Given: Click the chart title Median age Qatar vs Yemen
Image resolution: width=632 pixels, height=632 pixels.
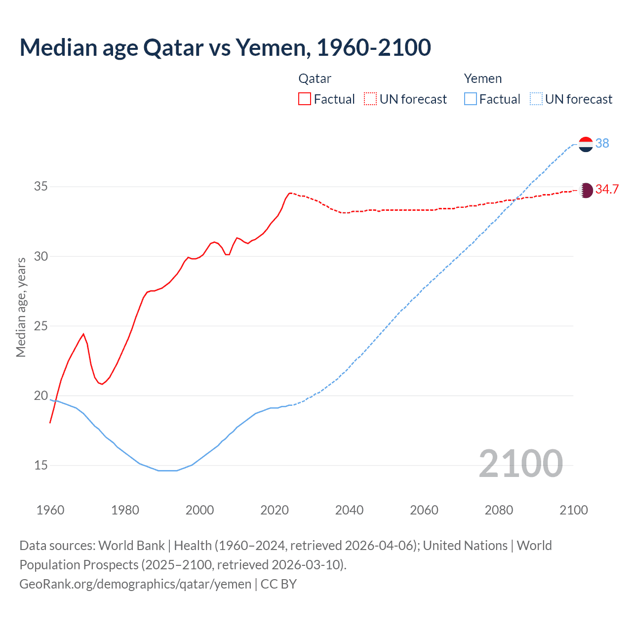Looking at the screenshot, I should pos(225,47).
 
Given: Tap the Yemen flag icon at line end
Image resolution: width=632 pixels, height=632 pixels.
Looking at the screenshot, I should pos(586,144).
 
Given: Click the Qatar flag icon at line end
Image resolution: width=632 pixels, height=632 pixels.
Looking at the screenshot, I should pos(586,190).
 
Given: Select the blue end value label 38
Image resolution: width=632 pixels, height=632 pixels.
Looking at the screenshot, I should pos(602,143).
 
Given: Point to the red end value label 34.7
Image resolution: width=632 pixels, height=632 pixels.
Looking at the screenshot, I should pos(607,189).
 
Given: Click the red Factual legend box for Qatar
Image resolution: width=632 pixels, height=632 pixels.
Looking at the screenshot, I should pos(305,99).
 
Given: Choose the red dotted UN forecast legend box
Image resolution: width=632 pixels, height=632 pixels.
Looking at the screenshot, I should pos(370,99).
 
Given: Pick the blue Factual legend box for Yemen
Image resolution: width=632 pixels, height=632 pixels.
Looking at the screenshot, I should pos(471,99).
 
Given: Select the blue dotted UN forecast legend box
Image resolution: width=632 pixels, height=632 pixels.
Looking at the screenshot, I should pos(536,99).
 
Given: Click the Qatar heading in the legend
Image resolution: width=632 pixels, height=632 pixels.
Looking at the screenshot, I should pos(315,79).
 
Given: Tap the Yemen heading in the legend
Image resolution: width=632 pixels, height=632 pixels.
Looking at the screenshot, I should pos(482,79).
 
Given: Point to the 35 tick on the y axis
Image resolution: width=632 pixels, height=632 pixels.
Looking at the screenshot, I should pos(41,187).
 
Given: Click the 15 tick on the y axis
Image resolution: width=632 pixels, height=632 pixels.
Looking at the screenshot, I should pos(41,465).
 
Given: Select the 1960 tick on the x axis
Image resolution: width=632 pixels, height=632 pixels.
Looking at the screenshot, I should pos(50,510).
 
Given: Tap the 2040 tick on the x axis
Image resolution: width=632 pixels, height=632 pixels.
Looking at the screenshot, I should pos(349,510).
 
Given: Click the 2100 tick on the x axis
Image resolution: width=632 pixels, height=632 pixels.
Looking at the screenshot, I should pos(573,510).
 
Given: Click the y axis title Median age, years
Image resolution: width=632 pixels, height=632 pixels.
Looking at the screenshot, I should pos(21,307).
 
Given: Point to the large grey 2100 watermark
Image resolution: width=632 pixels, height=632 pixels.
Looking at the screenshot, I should pos(520,463).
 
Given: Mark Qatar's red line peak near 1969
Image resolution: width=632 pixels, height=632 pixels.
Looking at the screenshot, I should pos(83,334).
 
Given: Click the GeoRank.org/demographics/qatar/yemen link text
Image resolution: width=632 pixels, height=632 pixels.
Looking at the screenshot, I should pos(135,584).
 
